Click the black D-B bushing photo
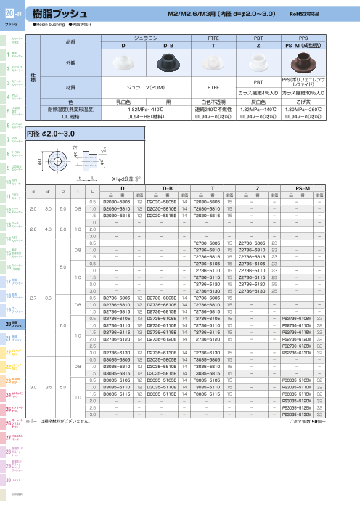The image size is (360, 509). [x=171, y=63]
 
